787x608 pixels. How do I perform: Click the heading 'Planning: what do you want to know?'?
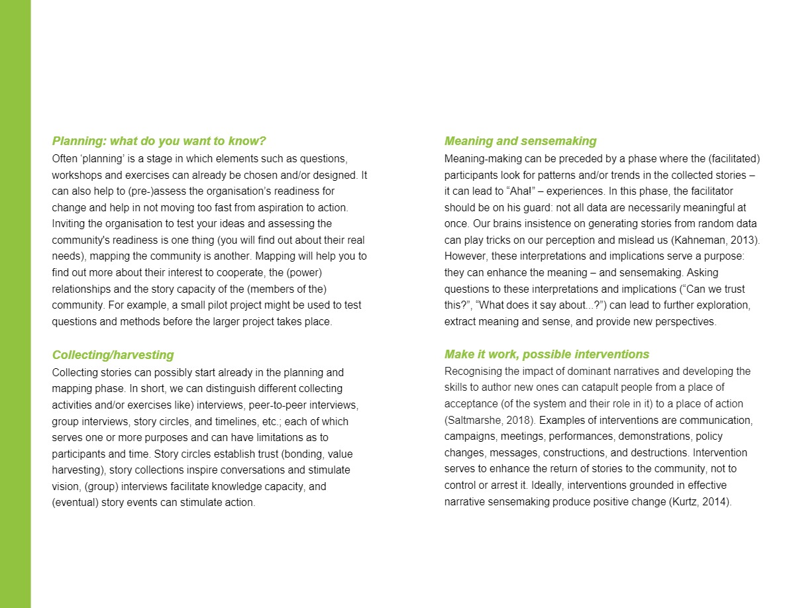[159, 141]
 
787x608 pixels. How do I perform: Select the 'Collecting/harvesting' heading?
[113, 355]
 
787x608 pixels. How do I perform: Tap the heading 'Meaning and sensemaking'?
[520, 141]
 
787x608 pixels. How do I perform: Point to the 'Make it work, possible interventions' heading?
[547, 354]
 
